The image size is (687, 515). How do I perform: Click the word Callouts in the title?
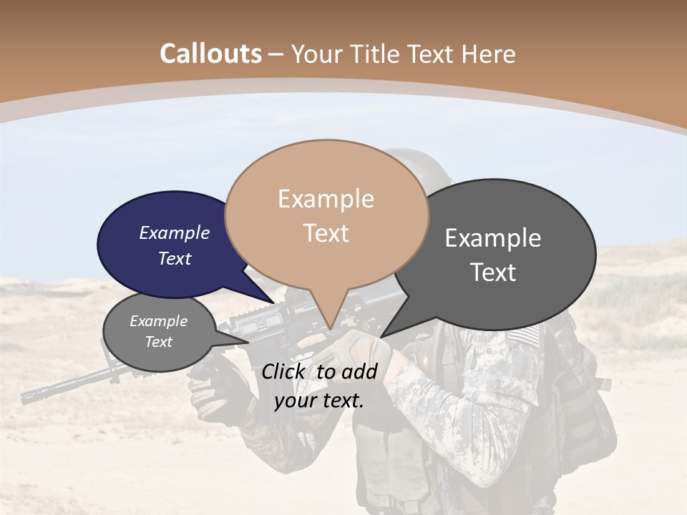[210, 54]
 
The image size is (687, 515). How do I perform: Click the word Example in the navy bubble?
[175, 232]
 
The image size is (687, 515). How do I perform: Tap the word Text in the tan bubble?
[326, 233]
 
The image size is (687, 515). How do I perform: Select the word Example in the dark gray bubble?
[493, 238]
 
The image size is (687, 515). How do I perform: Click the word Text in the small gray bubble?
[159, 342]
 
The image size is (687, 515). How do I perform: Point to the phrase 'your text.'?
[319, 401]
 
